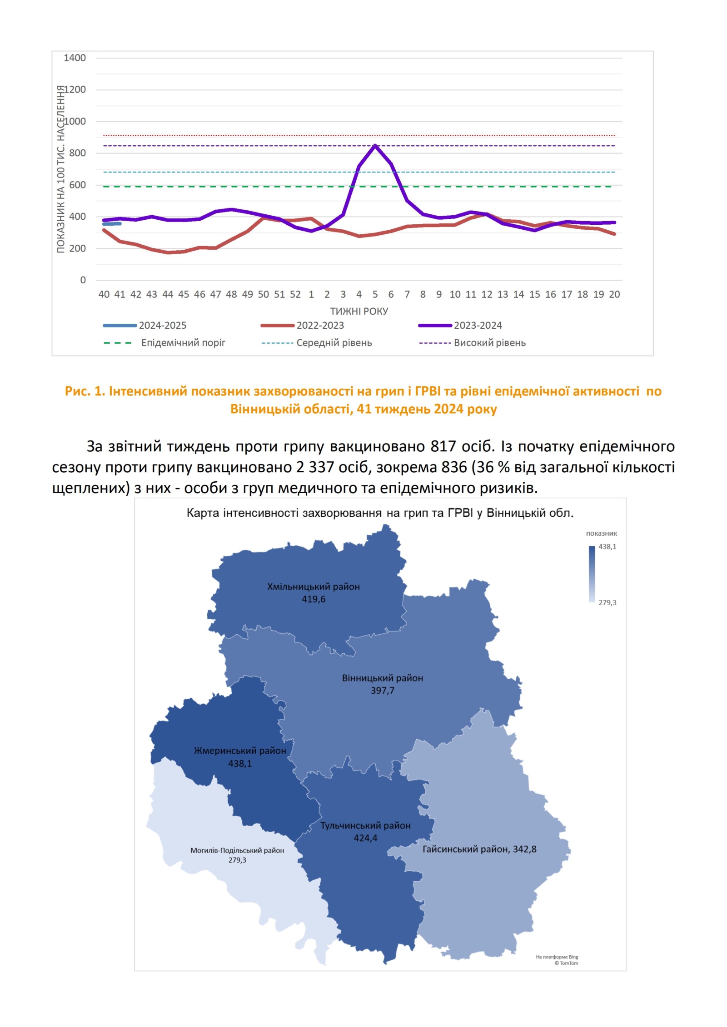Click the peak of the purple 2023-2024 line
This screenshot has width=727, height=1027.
point(375,146)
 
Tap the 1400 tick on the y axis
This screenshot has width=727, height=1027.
point(75,58)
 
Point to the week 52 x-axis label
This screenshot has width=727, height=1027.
point(295,295)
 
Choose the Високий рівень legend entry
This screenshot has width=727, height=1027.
point(489,343)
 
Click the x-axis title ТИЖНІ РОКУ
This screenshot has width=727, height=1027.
point(359,311)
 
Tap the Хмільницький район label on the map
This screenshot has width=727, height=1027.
point(313,587)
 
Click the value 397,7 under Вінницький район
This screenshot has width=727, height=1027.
point(383,691)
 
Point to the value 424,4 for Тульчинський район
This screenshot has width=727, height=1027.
point(365,838)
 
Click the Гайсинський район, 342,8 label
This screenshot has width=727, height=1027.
point(479,849)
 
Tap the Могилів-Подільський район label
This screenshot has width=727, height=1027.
point(237,850)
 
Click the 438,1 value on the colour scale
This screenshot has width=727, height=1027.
point(607,547)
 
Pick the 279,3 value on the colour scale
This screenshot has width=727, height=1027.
point(607,602)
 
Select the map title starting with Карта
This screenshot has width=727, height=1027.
point(380,513)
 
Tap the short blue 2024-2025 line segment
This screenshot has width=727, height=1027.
point(112,224)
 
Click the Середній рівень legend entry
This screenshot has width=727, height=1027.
point(334,343)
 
